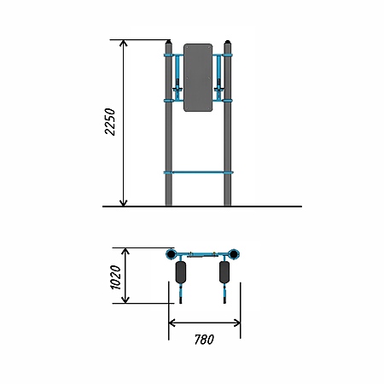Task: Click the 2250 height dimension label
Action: click(x=110, y=121)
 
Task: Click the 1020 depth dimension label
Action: click(x=115, y=277)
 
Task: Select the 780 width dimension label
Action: click(x=204, y=340)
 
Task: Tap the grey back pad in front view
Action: click(x=198, y=78)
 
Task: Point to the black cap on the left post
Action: click(x=169, y=42)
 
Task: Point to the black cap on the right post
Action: click(x=227, y=42)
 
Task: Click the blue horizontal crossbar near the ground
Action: click(x=198, y=172)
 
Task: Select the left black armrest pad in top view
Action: click(x=181, y=272)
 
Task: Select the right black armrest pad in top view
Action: click(x=224, y=272)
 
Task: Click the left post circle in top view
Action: click(x=172, y=254)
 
